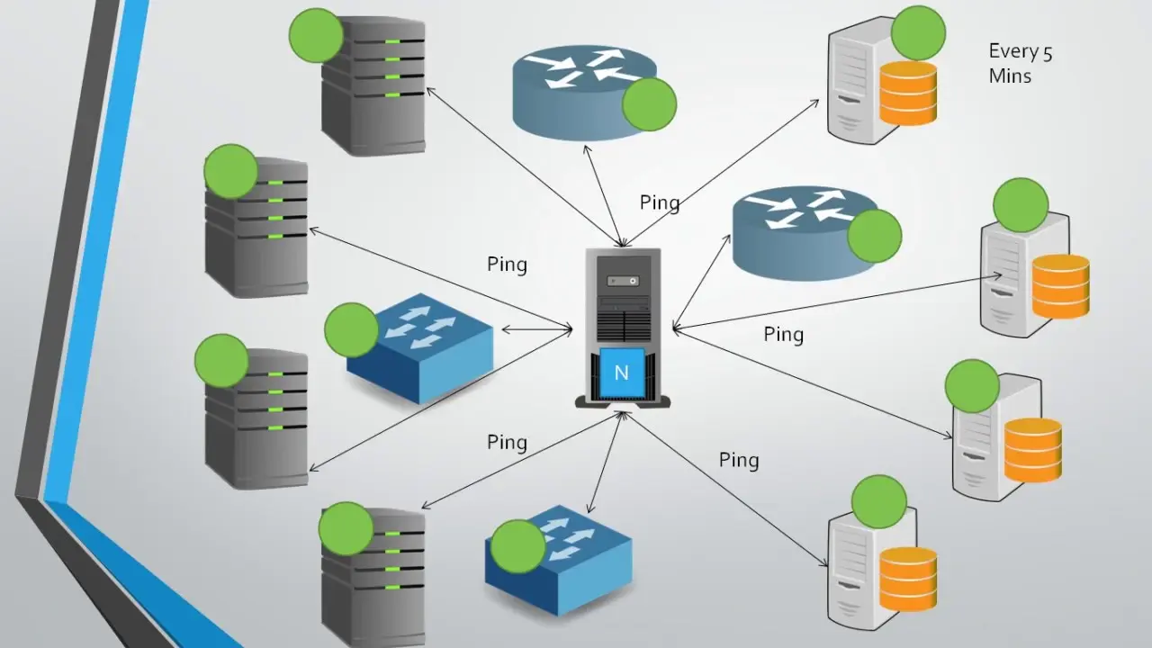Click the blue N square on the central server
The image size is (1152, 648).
coord(621,372)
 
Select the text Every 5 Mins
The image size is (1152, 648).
coord(1020,64)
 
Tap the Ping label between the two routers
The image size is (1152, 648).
coord(660,202)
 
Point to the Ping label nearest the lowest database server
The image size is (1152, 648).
coord(739,461)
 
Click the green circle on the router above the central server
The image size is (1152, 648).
coord(649,104)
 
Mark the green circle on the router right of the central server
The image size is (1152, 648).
coord(875,236)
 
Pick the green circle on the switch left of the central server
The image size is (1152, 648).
coord(351,329)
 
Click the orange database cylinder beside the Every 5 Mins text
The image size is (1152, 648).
coord(908,94)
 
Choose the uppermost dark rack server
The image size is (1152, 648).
coord(373,85)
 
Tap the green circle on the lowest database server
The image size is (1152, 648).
coord(878,501)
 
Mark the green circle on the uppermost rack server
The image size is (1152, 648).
coord(317,36)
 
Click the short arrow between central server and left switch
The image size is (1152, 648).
coord(536,330)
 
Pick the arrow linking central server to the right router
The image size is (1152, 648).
coord(699,280)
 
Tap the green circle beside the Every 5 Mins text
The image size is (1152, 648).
coord(918,32)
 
